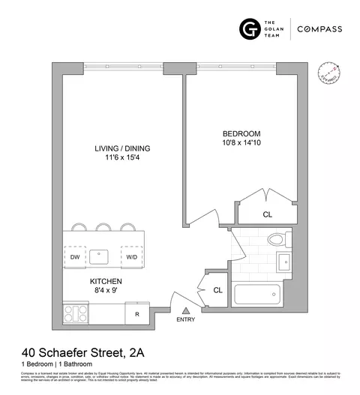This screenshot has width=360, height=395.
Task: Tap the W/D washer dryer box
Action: [x=132, y=256]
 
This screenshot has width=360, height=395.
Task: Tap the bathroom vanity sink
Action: [x=286, y=262]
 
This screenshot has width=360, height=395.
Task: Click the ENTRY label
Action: [x=185, y=321]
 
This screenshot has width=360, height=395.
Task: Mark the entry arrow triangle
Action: [x=185, y=310]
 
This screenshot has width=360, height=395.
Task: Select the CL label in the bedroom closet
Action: [x=267, y=214]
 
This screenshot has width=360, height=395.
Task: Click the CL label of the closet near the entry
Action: [x=217, y=289]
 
